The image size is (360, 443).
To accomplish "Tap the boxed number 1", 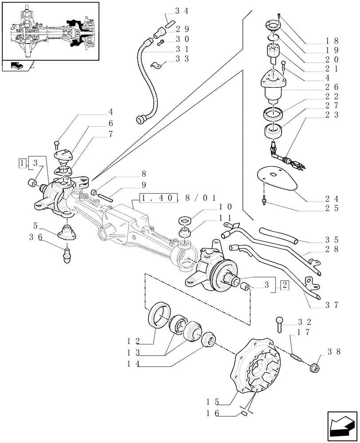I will [x=22, y=163].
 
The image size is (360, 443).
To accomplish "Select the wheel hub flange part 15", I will [x=257, y=365].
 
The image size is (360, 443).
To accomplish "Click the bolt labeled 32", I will [x=280, y=324].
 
